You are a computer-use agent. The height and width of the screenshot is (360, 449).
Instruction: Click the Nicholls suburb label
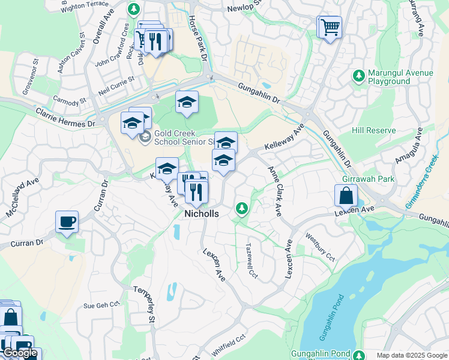click(x=201, y=214)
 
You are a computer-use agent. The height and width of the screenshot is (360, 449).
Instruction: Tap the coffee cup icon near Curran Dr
click(x=67, y=221)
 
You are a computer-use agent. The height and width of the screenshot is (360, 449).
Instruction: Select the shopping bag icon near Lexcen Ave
click(x=346, y=196)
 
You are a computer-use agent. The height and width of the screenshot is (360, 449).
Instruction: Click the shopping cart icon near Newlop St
click(x=329, y=27)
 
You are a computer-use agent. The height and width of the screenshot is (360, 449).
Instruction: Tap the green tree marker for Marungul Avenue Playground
click(x=358, y=76)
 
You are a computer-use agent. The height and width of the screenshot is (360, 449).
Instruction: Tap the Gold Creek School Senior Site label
click(x=183, y=138)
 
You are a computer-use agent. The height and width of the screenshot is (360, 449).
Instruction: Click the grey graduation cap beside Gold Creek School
click(x=144, y=137)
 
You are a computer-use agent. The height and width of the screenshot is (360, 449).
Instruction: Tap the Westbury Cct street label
click(x=321, y=247)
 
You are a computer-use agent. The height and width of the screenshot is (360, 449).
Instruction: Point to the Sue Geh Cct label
click(x=98, y=305)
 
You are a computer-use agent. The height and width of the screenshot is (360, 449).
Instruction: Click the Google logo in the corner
click(x=20, y=353)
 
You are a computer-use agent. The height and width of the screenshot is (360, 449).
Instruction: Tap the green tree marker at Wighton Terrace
click(x=134, y=10)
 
